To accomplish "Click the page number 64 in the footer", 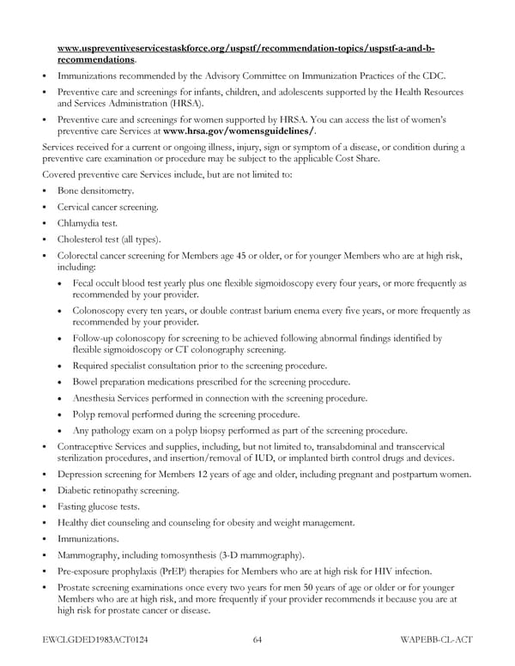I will (x=257, y=639).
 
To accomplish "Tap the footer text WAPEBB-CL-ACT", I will (x=436, y=639).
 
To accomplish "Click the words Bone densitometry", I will (x=96, y=191).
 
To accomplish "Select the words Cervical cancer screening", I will (x=107, y=207).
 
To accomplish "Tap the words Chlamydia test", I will (x=88, y=223).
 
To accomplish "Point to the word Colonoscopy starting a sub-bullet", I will (x=100, y=311).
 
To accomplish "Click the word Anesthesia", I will (x=99, y=398).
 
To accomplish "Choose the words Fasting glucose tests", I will (x=98, y=506).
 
